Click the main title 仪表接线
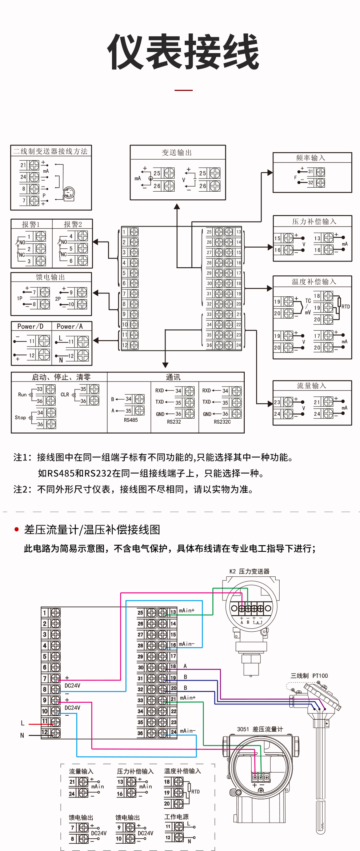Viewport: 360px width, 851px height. coord(183,52)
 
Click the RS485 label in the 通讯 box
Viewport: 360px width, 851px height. coord(131,420)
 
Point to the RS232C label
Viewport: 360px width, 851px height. coord(222,422)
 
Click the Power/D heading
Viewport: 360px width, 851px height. coord(31,327)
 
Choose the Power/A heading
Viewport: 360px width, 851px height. coord(70,327)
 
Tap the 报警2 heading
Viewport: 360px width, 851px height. coord(73,224)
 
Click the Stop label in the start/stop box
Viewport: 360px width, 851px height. coord(20,417)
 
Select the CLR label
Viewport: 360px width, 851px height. coord(65,395)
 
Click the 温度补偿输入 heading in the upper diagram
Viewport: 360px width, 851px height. coord(314,282)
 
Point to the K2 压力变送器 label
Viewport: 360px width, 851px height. coord(249,571)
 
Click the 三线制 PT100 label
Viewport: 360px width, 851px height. coord(309,676)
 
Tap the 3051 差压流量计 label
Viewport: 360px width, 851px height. coord(260,729)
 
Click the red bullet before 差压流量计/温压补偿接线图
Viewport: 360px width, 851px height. coord(16,529)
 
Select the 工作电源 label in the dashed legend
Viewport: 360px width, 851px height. coord(176,817)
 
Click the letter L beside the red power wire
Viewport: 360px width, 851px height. coord(23,723)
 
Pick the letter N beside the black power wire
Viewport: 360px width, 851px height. coord(22,735)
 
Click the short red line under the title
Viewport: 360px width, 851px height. coord(183,90)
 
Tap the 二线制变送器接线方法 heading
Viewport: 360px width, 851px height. coord(51,151)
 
